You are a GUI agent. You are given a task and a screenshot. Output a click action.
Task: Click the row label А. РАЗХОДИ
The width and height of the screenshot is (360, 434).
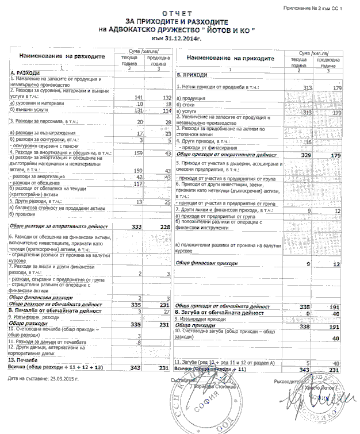[x=25, y=74]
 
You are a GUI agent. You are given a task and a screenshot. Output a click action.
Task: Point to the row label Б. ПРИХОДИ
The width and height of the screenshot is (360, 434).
[x=192, y=75]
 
